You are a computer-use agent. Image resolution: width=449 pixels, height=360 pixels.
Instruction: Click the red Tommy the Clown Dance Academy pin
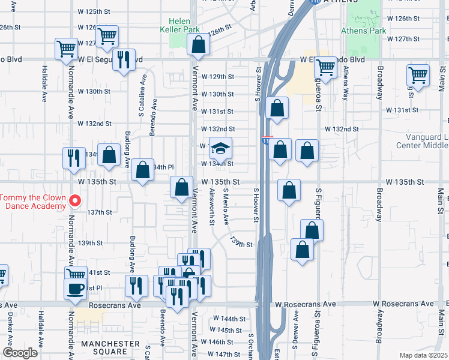(x=74, y=201)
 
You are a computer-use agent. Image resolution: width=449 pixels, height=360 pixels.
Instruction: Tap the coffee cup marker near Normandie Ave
(x=76, y=289)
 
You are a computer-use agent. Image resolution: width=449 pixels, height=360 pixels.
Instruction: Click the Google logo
(x=21, y=353)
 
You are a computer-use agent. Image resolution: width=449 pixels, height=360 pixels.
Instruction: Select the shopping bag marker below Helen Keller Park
(x=198, y=45)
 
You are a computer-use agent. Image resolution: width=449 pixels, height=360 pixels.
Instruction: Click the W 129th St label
(x=217, y=77)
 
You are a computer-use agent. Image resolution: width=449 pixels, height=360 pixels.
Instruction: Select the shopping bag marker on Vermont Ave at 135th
(x=181, y=188)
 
